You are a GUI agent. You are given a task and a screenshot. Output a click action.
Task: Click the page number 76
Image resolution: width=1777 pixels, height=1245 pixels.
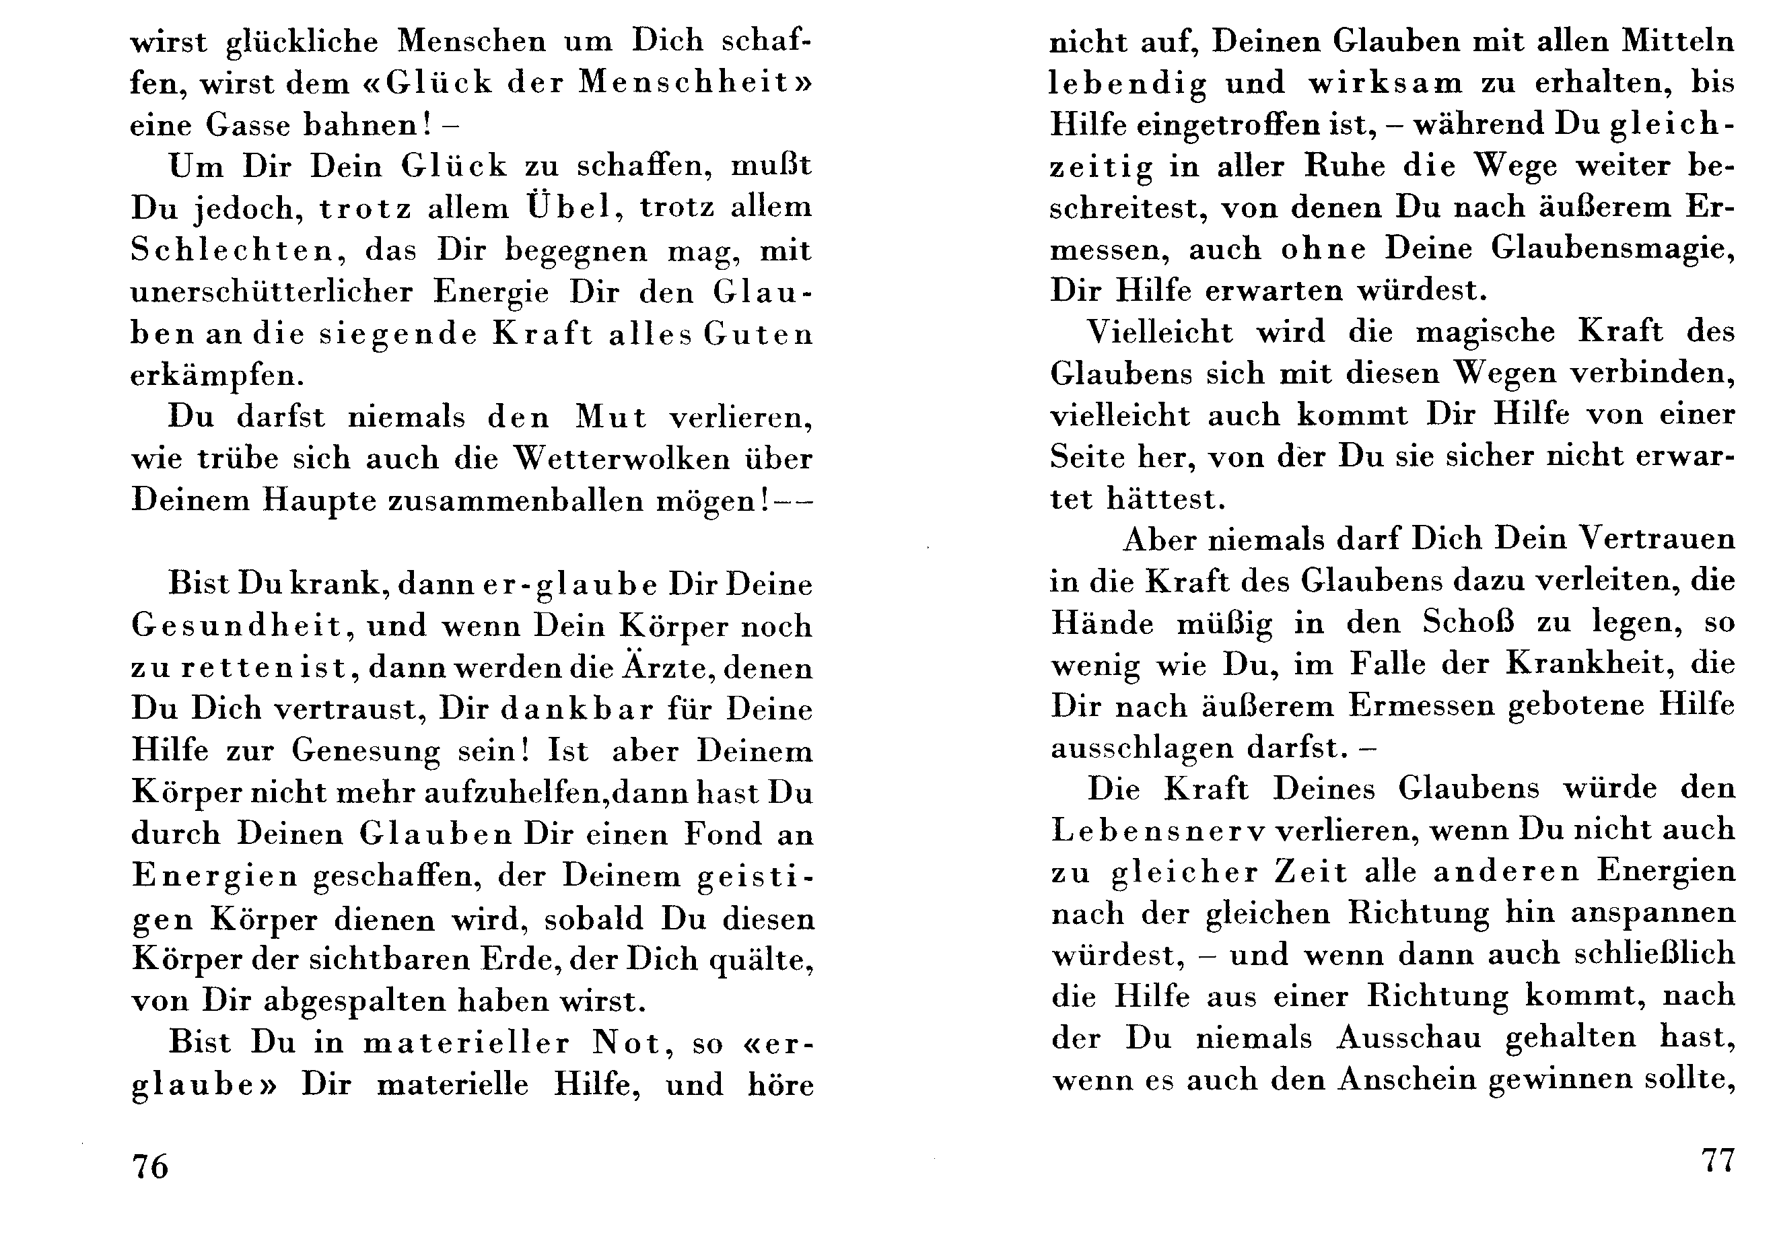click(x=150, y=1166)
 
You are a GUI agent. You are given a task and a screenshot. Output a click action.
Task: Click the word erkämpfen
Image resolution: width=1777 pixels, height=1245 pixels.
click(x=217, y=376)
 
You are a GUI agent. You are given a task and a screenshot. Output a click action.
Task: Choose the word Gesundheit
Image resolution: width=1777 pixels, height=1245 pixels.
click(x=238, y=625)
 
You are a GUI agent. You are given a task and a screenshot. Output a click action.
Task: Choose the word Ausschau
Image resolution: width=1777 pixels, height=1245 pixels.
click(x=1409, y=1038)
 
